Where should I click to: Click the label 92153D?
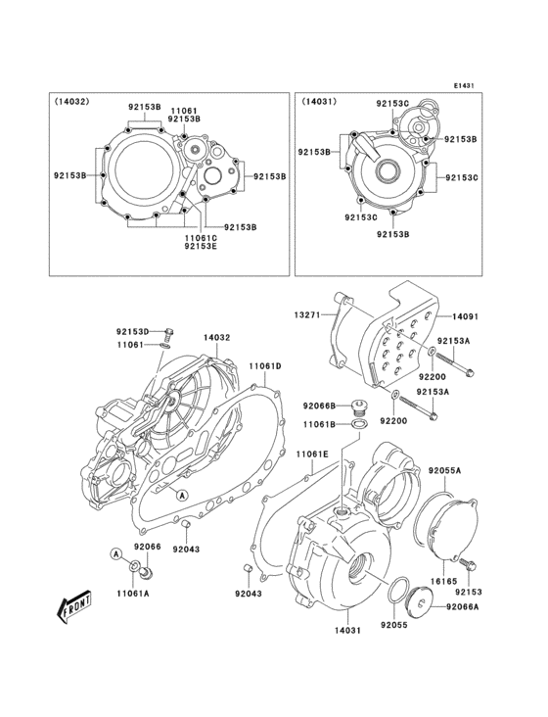tap(133, 332)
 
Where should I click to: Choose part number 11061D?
tap(264, 365)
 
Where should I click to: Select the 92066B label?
tap(319, 406)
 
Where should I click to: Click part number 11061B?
tap(319, 424)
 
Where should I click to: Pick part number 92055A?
tap(443, 470)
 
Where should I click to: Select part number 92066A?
tap(462, 607)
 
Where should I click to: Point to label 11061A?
tap(133, 593)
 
